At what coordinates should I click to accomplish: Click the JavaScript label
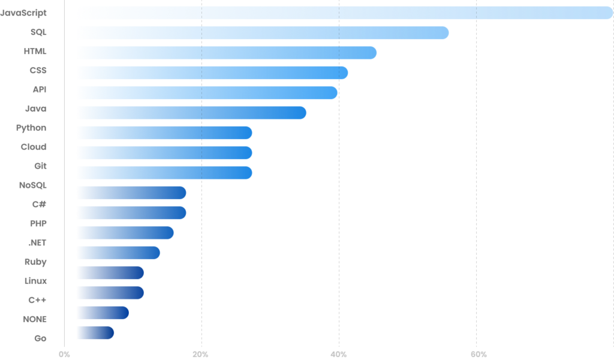[x=23, y=13]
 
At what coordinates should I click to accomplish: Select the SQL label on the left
[x=38, y=32]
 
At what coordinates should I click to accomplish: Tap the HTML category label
[x=35, y=52]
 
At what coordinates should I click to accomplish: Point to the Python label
[x=31, y=128]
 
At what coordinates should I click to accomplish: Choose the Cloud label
[x=34, y=147]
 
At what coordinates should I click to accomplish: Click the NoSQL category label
[x=33, y=185]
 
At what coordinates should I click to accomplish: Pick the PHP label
[x=38, y=224]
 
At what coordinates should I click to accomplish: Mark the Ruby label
[x=35, y=262]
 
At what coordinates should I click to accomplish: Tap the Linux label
[x=35, y=281]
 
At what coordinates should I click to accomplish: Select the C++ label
[x=37, y=300]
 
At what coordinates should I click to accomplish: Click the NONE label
[x=35, y=319]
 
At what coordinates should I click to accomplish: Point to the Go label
[x=40, y=338]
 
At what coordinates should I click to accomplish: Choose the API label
[x=40, y=89]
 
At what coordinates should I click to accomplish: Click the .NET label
[x=37, y=243]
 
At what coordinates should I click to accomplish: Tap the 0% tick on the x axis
[x=64, y=354]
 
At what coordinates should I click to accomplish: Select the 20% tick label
[x=201, y=354]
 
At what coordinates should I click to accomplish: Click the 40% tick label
[x=339, y=354]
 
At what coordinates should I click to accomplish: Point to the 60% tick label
[x=478, y=354]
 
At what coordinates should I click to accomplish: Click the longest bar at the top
[x=345, y=13]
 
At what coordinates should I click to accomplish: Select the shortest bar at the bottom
[x=95, y=332]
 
